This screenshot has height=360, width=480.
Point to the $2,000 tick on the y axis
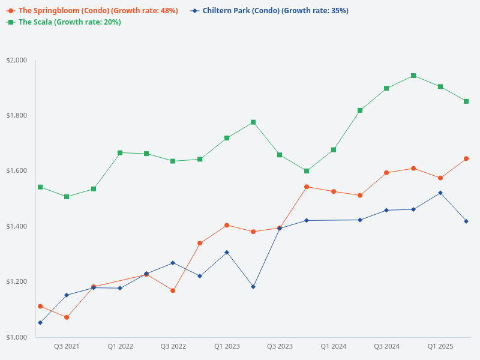coord(17,60)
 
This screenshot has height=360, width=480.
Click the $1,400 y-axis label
coord(17,226)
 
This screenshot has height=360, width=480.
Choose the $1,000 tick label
coord(17,337)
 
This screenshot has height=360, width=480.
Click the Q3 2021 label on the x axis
coord(67,347)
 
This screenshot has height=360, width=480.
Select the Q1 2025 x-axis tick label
coord(440,347)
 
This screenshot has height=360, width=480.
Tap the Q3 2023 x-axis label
coord(280,347)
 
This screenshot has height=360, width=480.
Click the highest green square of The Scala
coord(413,76)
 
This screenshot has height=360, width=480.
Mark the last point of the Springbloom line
coord(466,158)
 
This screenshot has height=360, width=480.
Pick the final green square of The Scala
coord(466,101)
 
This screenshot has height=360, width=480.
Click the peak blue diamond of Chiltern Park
coord(440,193)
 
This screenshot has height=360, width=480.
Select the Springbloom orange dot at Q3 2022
coord(173,290)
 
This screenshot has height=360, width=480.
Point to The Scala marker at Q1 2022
coord(120,152)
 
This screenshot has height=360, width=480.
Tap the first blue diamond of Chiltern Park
coord(40,323)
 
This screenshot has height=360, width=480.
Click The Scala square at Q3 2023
coord(280,155)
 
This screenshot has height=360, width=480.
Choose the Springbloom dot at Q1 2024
coord(333,191)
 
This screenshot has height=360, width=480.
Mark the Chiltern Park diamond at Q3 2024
coord(386,210)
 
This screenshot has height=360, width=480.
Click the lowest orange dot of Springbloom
coord(67,317)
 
